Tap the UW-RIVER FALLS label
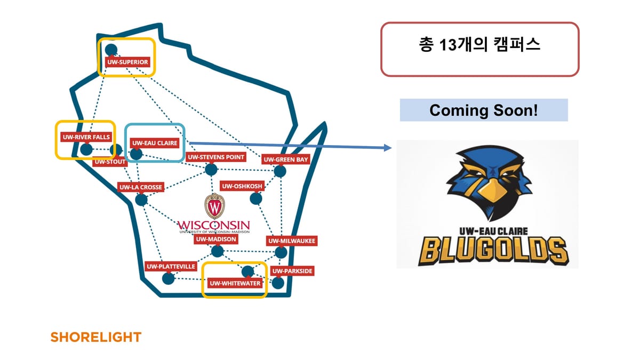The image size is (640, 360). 86,137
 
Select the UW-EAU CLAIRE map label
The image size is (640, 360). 155,143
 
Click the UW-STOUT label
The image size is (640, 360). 110,162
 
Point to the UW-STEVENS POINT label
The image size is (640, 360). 216,157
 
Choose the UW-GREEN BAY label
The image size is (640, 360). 286,159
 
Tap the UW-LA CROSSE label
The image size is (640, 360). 140,187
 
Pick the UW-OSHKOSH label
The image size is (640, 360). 242,186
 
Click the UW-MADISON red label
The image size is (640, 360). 215,239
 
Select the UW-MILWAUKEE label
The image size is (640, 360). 291,241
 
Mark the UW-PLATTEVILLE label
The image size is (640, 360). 171,266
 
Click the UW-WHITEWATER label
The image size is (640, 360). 235,283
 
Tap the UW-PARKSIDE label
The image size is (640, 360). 292,271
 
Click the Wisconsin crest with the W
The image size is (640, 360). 214,206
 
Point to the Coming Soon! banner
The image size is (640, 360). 484,110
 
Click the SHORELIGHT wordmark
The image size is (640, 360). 95,337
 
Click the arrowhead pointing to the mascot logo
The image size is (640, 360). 389,147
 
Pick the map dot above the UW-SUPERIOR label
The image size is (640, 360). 111,50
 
